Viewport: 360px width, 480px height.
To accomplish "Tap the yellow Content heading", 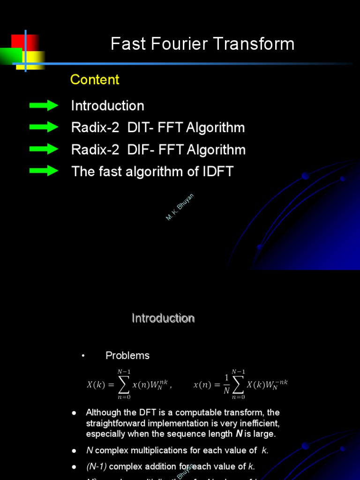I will (95, 80).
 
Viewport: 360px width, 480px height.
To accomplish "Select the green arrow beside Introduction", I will (44, 105).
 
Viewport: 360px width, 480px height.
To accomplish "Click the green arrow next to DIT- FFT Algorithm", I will (44, 127).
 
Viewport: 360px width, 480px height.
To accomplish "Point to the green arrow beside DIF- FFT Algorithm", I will (44, 149).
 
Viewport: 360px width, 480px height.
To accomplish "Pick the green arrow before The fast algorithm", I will (44, 171).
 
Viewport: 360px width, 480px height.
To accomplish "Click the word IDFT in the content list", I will (217, 172).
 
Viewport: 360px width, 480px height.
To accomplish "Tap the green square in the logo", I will (10, 56).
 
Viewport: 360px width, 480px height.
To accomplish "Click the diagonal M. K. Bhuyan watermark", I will (180, 207).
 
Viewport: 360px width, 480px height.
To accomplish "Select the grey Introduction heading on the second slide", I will (163, 318).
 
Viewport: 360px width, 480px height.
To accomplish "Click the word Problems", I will (127, 355).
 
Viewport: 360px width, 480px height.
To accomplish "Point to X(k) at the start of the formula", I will (96, 385).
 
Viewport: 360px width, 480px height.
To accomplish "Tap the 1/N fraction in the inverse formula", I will (227, 384).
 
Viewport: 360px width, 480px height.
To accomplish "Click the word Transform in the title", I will (255, 44).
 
